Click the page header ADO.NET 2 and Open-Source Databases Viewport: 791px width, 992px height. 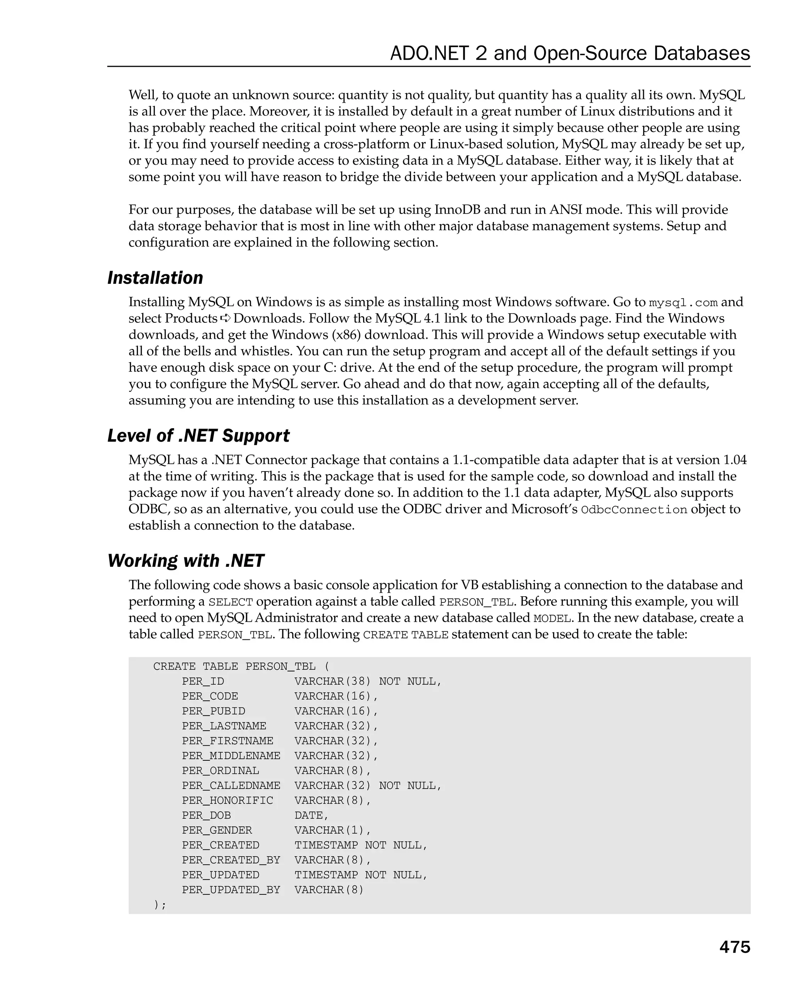[x=570, y=53]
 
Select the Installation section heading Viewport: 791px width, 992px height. [x=155, y=278]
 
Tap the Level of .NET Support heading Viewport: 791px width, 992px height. [x=198, y=436]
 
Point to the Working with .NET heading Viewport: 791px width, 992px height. [x=185, y=561]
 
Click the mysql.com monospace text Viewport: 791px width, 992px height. [x=683, y=303]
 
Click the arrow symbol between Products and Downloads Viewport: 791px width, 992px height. [x=225, y=319]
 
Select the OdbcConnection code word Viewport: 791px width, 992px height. [x=634, y=510]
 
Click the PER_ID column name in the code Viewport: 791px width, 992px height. [x=203, y=682]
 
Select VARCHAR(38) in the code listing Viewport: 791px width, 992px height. [x=332, y=682]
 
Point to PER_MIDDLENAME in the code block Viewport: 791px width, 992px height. [x=231, y=756]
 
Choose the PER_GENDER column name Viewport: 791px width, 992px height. [x=217, y=831]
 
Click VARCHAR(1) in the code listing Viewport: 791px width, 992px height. [x=332, y=831]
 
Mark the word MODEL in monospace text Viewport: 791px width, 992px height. [x=552, y=618]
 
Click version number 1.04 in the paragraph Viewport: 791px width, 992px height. [x=735, y=460]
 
